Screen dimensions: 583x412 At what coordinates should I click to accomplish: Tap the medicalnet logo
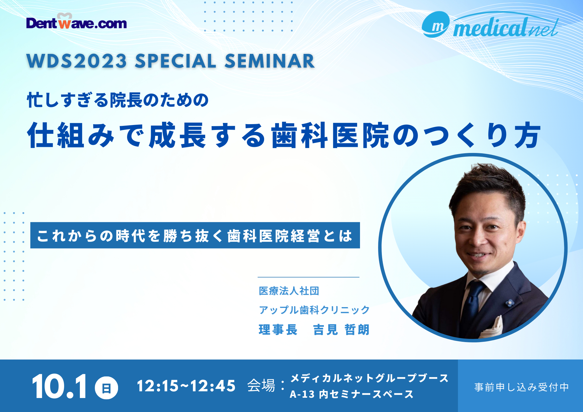click(490, 26)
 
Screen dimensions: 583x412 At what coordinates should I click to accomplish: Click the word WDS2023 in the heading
click(77, 61)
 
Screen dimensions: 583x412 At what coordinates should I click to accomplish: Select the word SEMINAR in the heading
click(269, 61)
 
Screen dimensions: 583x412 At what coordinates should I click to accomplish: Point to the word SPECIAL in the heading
click(175, 61)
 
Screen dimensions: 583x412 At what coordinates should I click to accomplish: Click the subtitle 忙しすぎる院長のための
click(118, 100)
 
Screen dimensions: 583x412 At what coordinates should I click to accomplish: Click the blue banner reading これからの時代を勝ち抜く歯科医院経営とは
click(195, 235)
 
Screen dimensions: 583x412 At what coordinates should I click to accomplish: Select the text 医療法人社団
click(289, 291)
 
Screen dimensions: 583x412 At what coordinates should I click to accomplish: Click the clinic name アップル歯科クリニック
click(314, 310)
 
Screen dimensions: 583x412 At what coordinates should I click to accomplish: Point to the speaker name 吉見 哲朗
click(341, 330)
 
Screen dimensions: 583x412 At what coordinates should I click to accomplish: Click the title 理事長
click(278, 330)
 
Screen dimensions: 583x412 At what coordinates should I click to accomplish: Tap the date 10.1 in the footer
click(59, 387)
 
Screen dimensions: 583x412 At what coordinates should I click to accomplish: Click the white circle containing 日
click(106, 388)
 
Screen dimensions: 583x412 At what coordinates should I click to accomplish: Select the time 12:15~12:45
click(186, 386)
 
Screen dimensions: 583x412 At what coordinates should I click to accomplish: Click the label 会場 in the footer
click(261, 386)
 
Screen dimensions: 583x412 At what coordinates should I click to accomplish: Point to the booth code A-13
click(302, 394)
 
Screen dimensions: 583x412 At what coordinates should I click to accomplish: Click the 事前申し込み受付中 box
click(521, 386)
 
